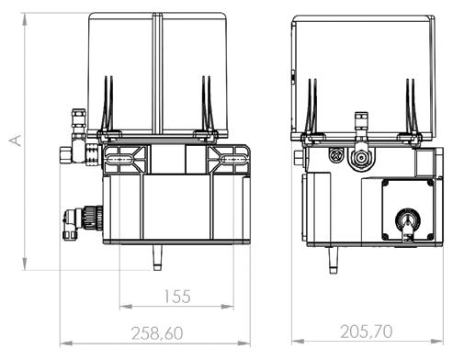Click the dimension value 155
pos(177,297)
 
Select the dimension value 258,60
pos(157,333)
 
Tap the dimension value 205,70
pos(367,332)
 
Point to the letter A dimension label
pos(15,141)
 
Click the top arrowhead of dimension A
pos(25,19)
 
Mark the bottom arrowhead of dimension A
pos(25,264)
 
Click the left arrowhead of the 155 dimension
pos(126,306)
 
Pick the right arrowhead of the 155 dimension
pos(227,306)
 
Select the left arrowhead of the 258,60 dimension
pos(66,343)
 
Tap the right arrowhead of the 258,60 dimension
pos(243,343)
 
